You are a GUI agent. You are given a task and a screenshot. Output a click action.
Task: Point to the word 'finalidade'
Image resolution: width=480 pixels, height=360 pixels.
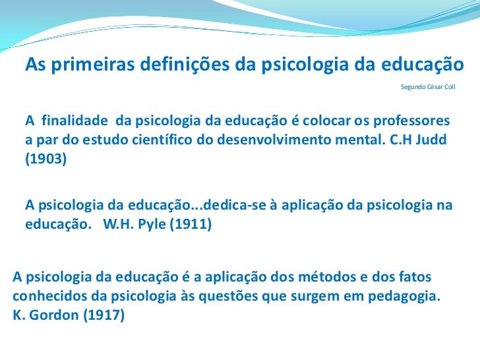[75, 122]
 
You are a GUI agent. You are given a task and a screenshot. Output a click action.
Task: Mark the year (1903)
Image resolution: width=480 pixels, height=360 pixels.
[46, 160]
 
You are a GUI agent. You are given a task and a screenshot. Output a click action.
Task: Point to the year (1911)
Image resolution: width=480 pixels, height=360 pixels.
[191, 224]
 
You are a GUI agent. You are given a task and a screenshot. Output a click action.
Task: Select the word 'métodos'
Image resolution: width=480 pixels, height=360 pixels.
[291, 276]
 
